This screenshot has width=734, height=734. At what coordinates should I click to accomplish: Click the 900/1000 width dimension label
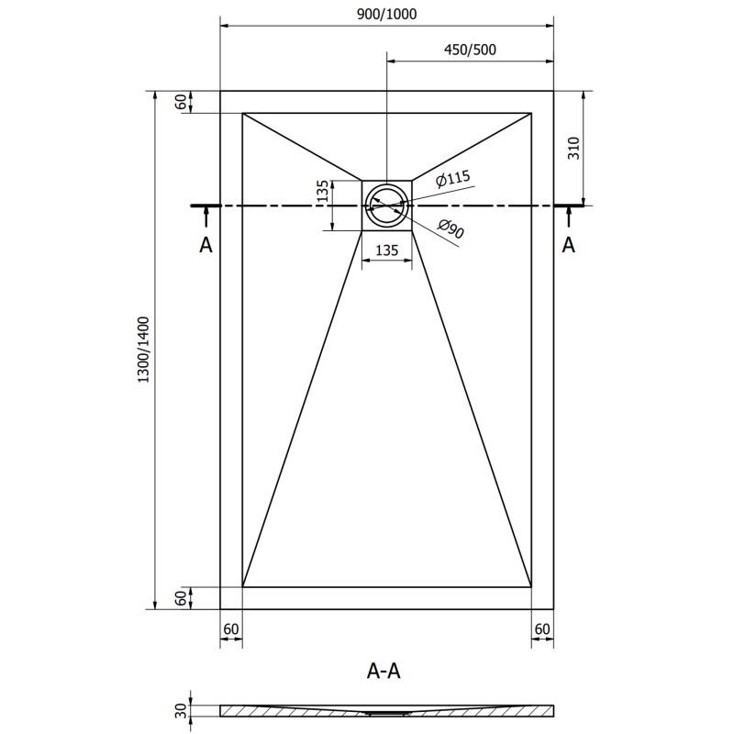click(387, 13)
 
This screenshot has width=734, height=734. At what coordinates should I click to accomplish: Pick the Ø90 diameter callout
click(450, 231)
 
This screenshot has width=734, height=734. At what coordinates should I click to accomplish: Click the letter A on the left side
click(206, 245)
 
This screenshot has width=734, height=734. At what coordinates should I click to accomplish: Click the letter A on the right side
click(569, 245)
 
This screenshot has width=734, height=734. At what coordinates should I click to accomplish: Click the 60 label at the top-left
click(181, 102)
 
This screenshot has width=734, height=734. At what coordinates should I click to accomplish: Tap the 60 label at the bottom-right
click(542, 628)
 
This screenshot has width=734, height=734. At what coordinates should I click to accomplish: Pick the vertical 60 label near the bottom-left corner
click(181, 597)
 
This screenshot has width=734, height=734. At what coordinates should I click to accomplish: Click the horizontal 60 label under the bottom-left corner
click(231, 628)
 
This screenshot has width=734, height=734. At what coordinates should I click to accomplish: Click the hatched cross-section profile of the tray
click(386, 710)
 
